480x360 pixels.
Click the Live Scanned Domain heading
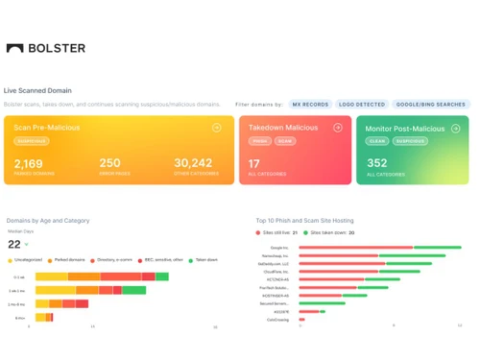tap(38, 90)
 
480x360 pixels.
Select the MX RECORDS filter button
tap(310, 104)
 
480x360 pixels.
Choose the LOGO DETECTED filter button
tap(362, 104)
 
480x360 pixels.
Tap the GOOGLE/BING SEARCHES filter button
tap(429, 104)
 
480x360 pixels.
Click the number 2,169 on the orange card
tap(29, 163)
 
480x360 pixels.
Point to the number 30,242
tap(193, 163)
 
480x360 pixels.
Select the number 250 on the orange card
tap(109, 163)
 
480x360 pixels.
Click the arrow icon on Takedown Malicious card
tap(337, 127)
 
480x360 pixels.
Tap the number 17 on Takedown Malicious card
tap(254, 163)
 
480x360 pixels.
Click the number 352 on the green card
tap(376, 163)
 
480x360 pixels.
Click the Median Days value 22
tap(14, 244)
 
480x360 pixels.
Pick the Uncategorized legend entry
tap(27, 260)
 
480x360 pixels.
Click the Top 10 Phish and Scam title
tap(308, 220)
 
